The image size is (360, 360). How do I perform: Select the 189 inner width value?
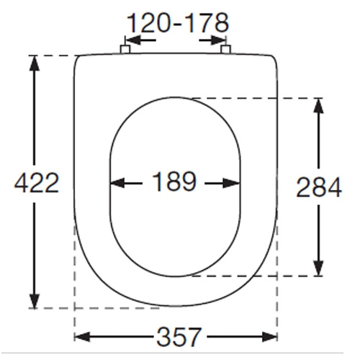pyautogui.click(x=174, y=183)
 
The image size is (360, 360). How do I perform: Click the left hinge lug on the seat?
pyautogui.click(x=125, y=49)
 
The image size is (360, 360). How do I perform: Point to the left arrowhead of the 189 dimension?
pyautogui.click(x=115, y=183)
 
